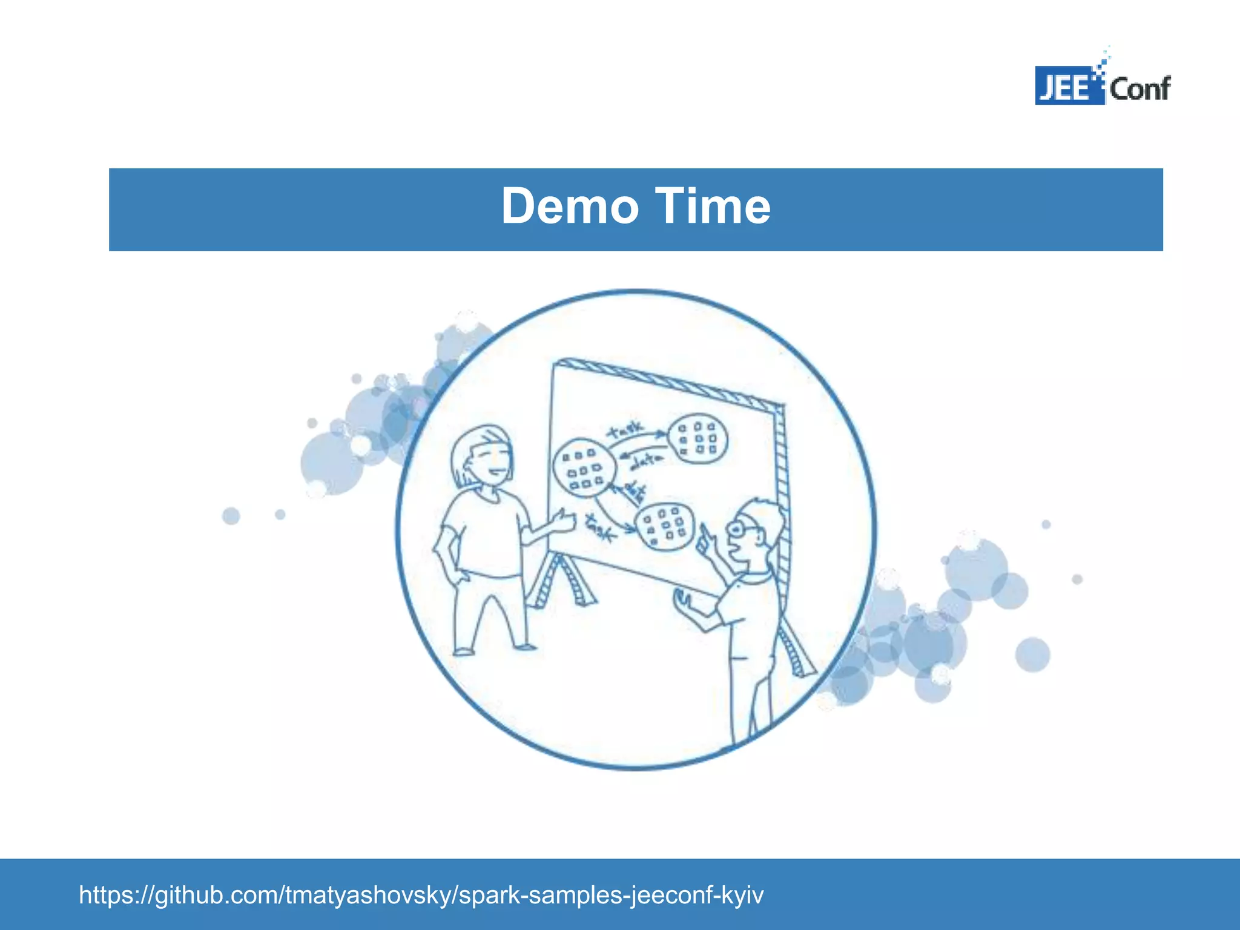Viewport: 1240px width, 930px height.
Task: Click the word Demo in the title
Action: tap(569, 207)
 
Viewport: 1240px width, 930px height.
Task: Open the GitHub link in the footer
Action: tap(421, 894)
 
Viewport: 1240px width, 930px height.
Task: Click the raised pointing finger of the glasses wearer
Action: tap(704, 533)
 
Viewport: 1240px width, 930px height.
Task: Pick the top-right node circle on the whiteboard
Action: tap(697, 438)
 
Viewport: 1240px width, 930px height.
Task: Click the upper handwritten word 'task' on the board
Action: tap(627, 430)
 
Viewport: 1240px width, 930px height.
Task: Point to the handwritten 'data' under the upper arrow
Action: tap(647, 463)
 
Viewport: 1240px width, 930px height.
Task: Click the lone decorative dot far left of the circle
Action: tap(231, 516)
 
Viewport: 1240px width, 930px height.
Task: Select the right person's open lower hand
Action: tap(683, 600)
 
